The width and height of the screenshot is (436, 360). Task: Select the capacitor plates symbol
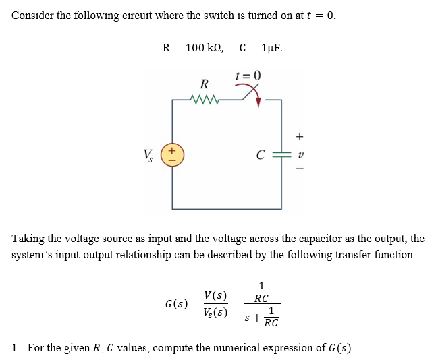(x=281, y=155)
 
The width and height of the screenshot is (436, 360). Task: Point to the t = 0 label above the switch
(x=248, y=74)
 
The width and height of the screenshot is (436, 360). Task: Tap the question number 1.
(x=16, y=348)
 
